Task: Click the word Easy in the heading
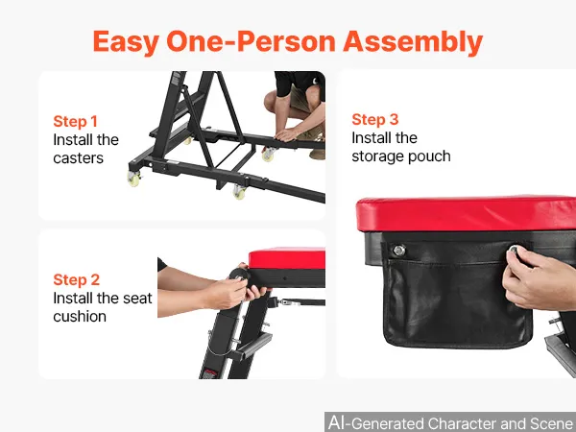(x=126, y=42)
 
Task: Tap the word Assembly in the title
(x=413, y=42)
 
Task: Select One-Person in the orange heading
(x=251, y=41)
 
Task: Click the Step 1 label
(x=75, y=121)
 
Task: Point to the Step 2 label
(x=77, y=279)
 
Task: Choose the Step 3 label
(x=375, y=119)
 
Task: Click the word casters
(x=79, y=158)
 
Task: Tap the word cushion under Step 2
(x=80, y=316)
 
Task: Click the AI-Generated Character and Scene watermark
(x=450, y=422)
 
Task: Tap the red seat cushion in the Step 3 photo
(x=466, y=214)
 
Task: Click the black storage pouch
(x=457, y=294)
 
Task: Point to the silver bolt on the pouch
(x=399, y=251)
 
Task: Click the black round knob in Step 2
(x=239, y=276)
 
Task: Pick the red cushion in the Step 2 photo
(x=287, y=258)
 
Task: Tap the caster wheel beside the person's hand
(x=269, y=155)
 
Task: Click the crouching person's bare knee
(x=272, y=100)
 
